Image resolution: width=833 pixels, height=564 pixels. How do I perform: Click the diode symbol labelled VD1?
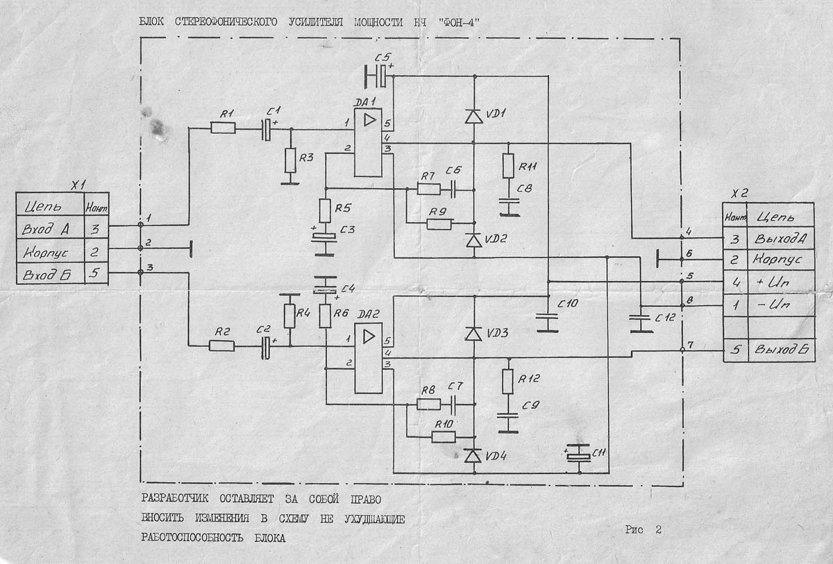point(473,116)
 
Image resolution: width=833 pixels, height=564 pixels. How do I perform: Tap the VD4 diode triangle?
point(473,456)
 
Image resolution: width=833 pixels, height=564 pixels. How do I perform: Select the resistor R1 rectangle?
point(223,128)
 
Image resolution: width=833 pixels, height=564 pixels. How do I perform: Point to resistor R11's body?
point(508,165)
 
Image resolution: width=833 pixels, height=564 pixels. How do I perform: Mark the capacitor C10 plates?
point(548,320)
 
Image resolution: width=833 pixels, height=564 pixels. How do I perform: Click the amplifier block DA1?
point(367,142)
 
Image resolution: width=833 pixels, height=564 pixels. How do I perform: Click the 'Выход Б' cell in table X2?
point(781,350)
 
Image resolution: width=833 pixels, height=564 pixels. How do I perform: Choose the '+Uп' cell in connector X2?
point(781,282)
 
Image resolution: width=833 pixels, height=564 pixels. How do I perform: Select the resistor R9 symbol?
point(439,223)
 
